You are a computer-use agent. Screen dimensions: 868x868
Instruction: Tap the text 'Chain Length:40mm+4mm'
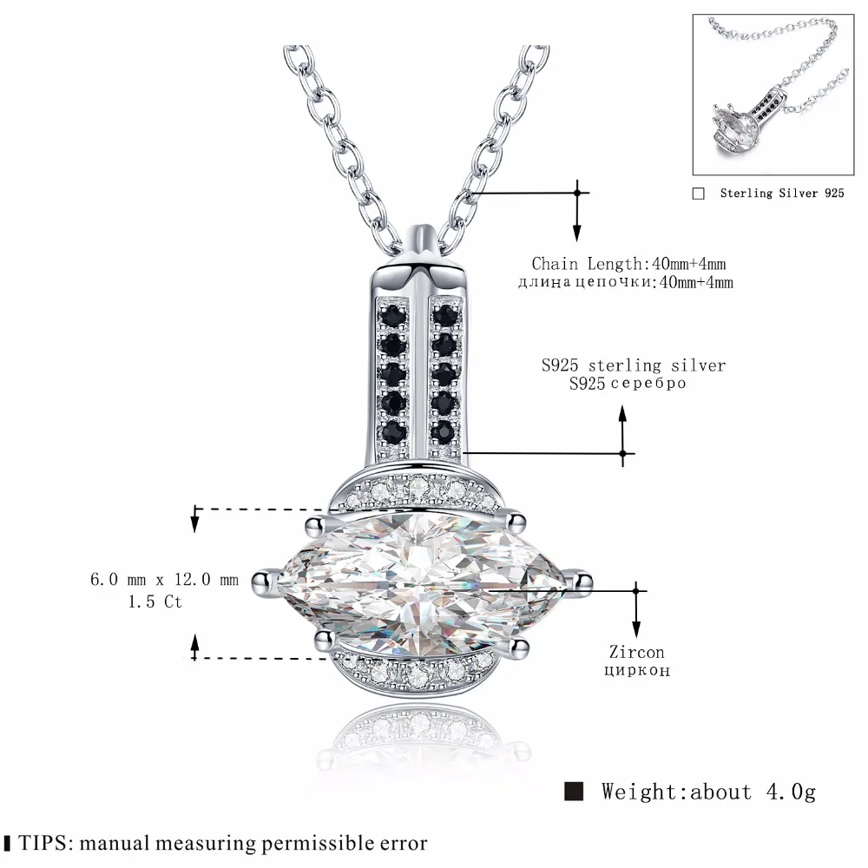[628, 263]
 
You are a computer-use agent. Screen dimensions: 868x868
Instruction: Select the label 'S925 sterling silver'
[633, 365]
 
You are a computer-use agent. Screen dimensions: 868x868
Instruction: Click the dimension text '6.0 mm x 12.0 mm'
[164, 581]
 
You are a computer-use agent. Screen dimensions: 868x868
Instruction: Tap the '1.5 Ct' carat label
[155, 601]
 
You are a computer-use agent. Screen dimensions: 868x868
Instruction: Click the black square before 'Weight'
[574, 791]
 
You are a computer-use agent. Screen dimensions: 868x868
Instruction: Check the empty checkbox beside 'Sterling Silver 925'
[699, 194]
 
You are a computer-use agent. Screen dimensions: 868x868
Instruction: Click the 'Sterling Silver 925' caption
[781, 194]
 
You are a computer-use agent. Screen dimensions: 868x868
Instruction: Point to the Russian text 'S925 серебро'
[627, 384]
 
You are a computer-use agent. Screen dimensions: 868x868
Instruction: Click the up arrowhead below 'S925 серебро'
[622, 414]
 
